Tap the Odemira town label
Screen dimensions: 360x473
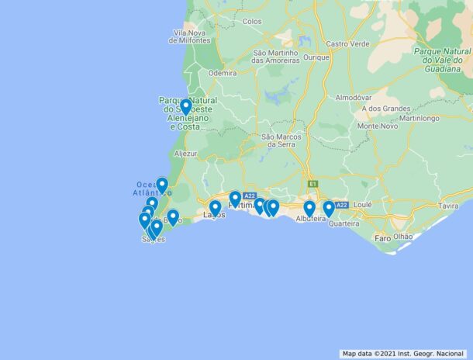tap(222, 73)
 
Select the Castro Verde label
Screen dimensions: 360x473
tap(347, 44)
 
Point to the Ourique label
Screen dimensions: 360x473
tap(316, 57)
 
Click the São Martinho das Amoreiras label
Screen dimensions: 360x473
tap(276, 57)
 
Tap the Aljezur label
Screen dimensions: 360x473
tap(186, 154)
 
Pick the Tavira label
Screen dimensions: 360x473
tap(448, 206)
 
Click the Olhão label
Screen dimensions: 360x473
tap(403, 236)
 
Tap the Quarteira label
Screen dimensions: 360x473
tap(344, 223)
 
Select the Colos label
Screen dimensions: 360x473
tap(252, 22)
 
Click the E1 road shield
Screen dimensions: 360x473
tap(312, 184)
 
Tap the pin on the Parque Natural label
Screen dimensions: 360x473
tap(185, 106)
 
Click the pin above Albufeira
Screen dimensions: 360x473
tap(309, 208)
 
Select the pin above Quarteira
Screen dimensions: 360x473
tap(329, 208)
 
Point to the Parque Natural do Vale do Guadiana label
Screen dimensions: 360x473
tap(442, 59)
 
